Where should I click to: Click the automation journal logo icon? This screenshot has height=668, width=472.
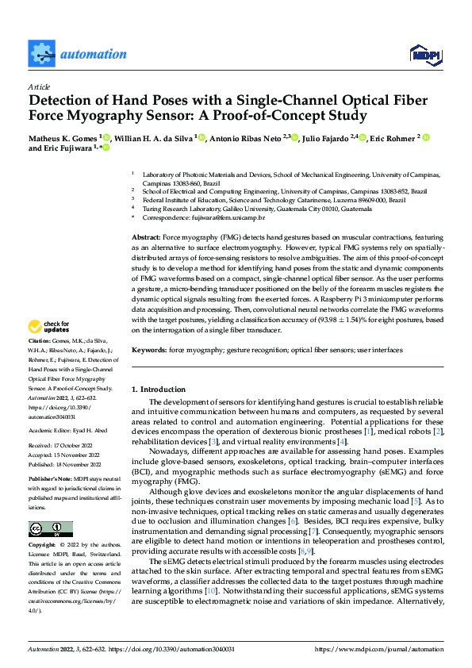click(40, 53)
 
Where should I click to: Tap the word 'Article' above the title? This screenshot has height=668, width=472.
click(38, 86)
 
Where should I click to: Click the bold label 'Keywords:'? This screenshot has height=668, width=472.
click(148, 349)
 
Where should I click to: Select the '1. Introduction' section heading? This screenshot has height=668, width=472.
click(158, 390)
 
